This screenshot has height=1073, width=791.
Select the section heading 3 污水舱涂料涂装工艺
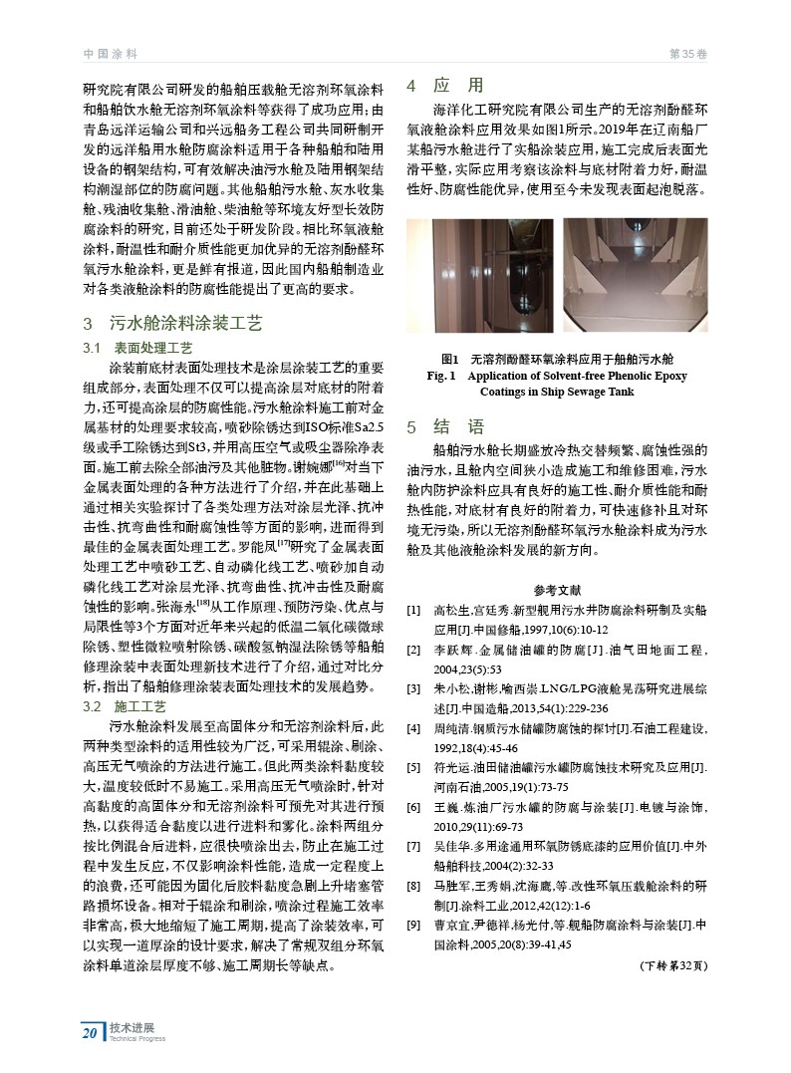click(x=172, y=324)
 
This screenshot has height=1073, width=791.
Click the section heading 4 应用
click(x=444, y=86)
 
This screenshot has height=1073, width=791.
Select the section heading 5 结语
click(x=444, y=427)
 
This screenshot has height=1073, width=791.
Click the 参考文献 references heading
click(x=557, y=589)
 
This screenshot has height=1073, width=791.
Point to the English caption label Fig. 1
click(x=440, y=377)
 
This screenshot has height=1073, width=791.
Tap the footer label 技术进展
click(x=126, y=1027)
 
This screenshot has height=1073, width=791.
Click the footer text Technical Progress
click(x=137, y=1038)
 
